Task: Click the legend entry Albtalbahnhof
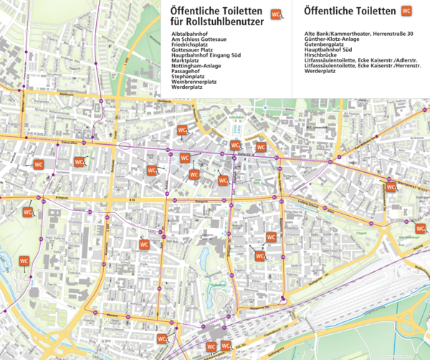[188, 34]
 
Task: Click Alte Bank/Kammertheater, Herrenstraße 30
[358, 34]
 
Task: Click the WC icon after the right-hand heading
[406, 11]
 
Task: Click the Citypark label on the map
[360, 233]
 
